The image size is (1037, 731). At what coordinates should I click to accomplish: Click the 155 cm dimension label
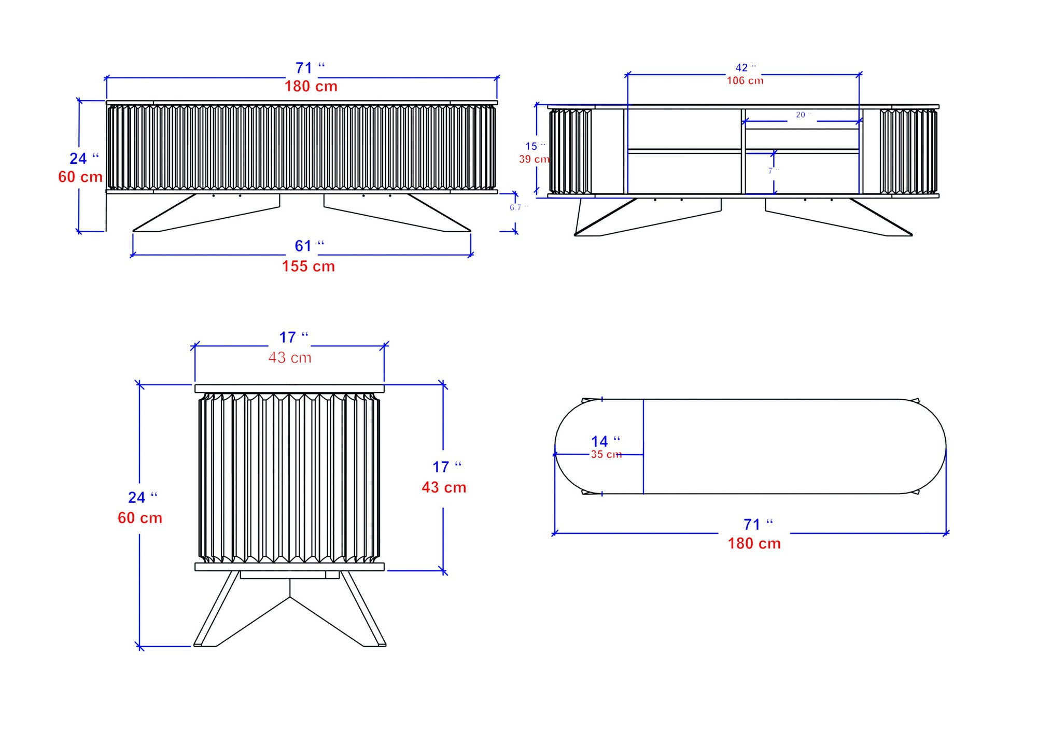308,266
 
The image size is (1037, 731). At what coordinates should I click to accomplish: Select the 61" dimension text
309,246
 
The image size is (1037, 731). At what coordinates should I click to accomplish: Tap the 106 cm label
745,81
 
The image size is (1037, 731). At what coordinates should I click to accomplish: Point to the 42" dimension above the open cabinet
745,68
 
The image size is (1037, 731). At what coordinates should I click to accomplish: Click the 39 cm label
534,159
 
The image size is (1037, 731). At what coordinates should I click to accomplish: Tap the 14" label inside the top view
605,442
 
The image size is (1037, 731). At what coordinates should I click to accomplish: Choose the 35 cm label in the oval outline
606,455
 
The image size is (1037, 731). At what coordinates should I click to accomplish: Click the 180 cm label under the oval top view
754,543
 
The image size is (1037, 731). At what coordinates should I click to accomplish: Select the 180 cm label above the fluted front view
311,87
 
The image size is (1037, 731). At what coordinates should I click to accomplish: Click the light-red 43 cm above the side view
289,358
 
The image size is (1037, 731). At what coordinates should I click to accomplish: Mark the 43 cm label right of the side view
444,487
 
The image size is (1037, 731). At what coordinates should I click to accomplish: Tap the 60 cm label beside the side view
140,518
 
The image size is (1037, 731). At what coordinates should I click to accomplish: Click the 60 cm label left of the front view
80,177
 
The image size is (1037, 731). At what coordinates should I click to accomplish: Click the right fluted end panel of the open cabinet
908,151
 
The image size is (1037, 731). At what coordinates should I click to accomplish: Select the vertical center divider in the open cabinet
743,151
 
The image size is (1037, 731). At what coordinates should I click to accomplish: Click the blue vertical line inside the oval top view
643,446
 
